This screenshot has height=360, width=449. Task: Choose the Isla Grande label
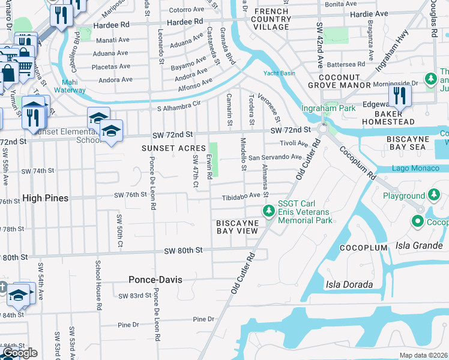(x=419, y=245)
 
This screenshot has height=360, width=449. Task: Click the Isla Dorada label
(x=350, y=284)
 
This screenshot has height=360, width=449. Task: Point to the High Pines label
(x=45, y=197)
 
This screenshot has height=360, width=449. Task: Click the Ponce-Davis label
(x=155, y=280)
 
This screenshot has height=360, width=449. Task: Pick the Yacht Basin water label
(x=279, y=74)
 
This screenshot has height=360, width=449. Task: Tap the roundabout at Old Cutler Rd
(x=324, y=128)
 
